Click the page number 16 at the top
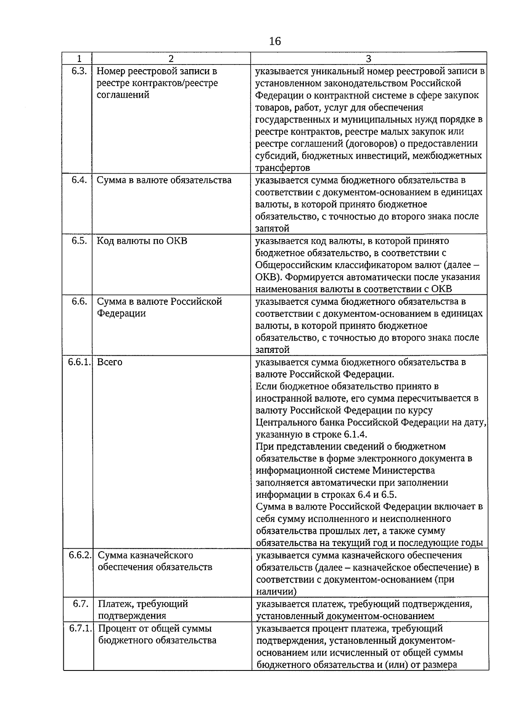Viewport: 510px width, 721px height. point(275,41)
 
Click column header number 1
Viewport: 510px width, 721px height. point(78,59)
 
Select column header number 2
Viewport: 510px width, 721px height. point(171,59)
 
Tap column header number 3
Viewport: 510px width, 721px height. point(368,59)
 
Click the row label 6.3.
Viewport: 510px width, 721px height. point(79,71)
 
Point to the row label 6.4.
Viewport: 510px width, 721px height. point(79,180)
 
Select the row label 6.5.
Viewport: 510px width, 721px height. point(79,241)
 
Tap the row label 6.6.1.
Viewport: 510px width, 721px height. point(79,362)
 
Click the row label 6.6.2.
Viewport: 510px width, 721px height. point(80,555)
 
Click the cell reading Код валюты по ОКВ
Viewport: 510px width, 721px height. point(142,241)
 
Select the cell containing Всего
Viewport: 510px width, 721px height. point(110,362)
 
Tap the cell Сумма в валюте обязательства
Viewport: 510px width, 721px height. point(164,180)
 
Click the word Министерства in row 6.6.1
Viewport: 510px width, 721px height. point(403,470)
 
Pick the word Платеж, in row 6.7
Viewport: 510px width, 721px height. point(114,604)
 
